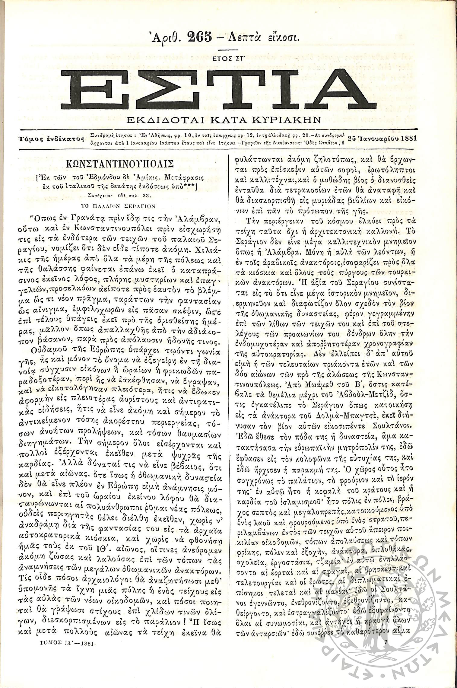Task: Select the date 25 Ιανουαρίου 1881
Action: tap(382, 139)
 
